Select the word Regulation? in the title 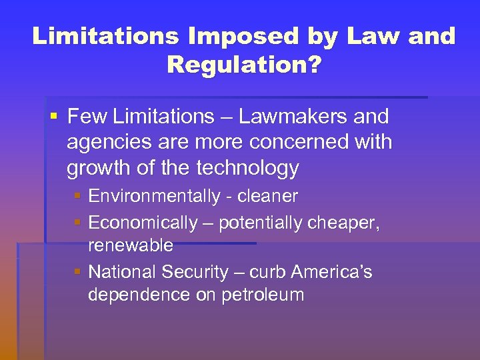click(x=243, y=65)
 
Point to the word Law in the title click(x=370, y=36)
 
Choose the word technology click(x=247, y=169)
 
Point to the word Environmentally click(x=154, y=197)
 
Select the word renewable click(x=131, y=246)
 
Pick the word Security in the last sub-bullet click(x=198, y=272)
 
